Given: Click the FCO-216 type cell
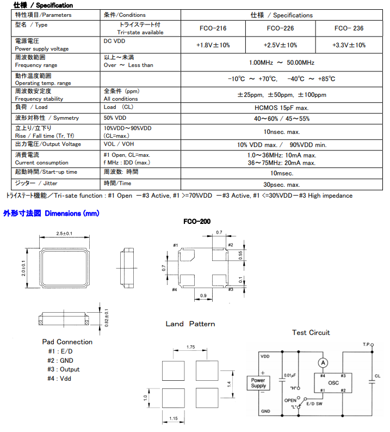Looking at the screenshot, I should coord(213,28).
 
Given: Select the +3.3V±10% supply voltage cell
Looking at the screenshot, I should coord(349,45).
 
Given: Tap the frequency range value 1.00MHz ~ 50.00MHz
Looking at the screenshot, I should coord(281,63).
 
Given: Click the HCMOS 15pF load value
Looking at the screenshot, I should coord(281,108).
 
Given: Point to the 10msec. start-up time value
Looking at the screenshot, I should coord(281,173).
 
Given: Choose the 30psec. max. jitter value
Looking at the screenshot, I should coord(281,185).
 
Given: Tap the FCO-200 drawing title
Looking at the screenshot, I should coord(197,222).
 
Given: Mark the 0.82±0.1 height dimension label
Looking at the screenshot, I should coord(107,318).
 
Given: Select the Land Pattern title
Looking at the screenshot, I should coord(190,324).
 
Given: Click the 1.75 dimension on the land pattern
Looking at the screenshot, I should coord(190,347).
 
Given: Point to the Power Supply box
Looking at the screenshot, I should coord(258,382).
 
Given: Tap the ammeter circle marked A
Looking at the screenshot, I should coord(323,362).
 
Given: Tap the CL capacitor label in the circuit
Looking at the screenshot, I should coord(377,375).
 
